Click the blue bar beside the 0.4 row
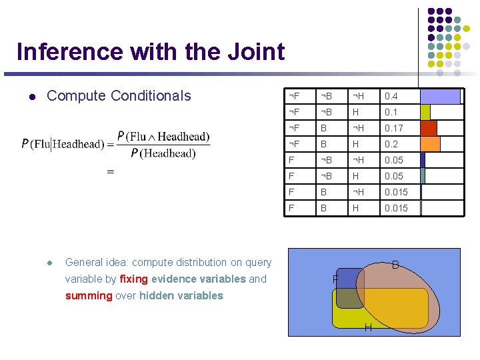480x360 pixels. tap(440, 96)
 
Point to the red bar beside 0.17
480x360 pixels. tap(429, 128)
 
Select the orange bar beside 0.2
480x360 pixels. tap(431, 144)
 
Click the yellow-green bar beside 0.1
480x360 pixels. tap(425, 112)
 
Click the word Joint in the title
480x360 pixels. tap(256, 52)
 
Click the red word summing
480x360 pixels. tap(89, 295)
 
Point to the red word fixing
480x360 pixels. tap(133, 279)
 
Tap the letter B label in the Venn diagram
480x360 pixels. tap(395, 265)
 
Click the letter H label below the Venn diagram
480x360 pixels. tap(367, 327)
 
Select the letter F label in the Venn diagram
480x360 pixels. tap(336, 278)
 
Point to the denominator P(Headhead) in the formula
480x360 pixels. tap(163, 153)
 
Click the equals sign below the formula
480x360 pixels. tap(111, 172)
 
